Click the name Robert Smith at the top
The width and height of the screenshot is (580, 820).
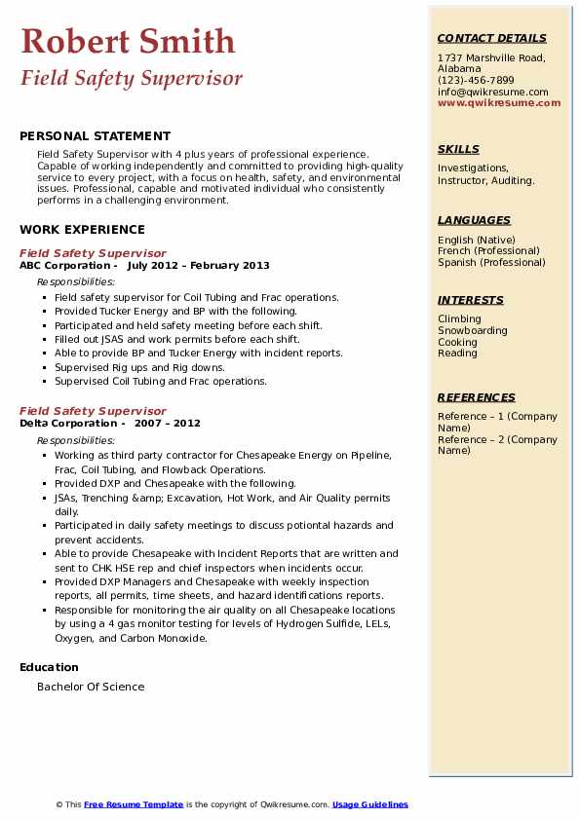(128, 41)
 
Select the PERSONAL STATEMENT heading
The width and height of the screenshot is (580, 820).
(95, 136)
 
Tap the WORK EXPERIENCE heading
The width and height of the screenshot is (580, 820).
(82, 230)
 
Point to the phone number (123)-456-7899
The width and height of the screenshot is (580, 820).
(476, 81)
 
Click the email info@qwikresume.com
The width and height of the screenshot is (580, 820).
(492, 93)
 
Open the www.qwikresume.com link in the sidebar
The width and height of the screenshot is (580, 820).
(499, 103)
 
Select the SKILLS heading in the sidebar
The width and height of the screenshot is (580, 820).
(458, 150)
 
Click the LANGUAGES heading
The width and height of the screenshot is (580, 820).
(474, 221)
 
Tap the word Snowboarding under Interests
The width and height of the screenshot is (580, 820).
(473, 331)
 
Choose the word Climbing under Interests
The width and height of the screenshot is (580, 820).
(459, 319)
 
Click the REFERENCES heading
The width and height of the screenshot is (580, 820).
(477, 398)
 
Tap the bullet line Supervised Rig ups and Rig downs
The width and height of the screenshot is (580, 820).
(139, 368)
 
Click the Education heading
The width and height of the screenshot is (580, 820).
(49, 667)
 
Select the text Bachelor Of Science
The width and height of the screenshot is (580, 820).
(91, 687)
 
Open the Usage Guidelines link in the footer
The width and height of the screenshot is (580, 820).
(370, 805)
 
